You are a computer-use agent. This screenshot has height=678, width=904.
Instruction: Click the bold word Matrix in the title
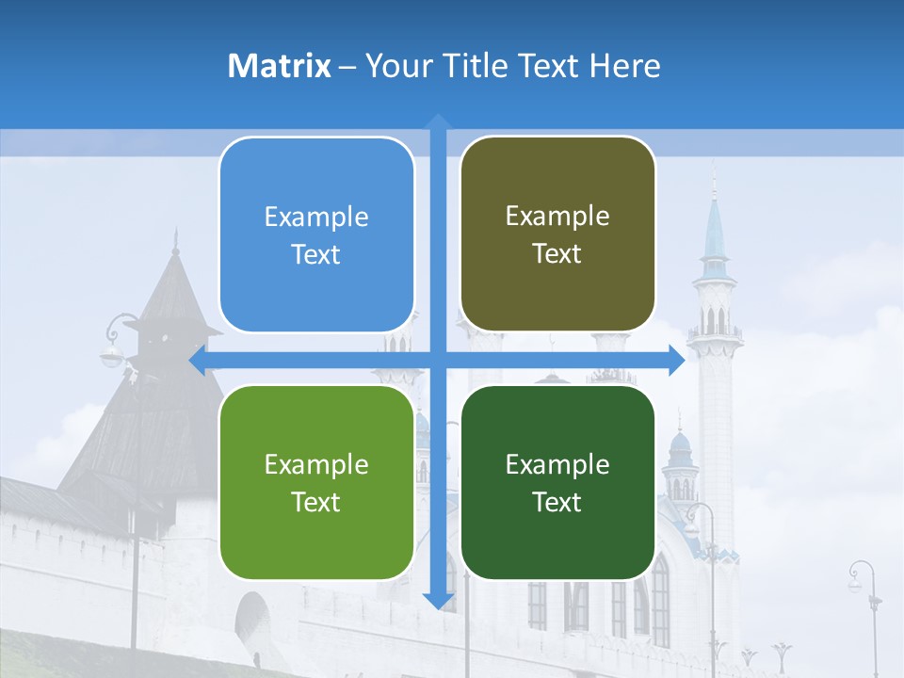point(280,66)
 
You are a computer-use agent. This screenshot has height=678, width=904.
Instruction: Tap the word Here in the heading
point(624,66)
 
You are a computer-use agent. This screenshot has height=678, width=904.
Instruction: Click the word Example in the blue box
point(316,218)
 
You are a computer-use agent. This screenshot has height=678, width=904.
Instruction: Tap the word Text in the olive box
point(557,254)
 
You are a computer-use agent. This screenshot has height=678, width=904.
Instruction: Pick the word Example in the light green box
point(316,465)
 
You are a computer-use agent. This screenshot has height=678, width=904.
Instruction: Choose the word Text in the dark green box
point(557,502)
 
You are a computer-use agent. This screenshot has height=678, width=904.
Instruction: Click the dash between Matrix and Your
point(347,67)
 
